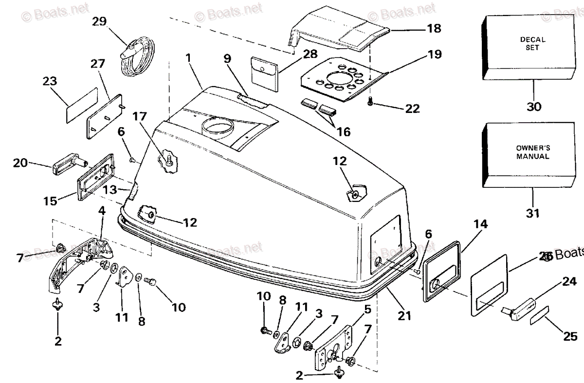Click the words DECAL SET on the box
[532, 43]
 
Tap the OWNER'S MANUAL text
[532, 153]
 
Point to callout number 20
[20, 164]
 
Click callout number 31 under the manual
[533, 213]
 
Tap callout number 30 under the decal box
[534, 107]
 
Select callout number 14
[480, 224]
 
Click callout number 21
[403, 316]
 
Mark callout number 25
[570, 335]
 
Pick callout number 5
[367, 309]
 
